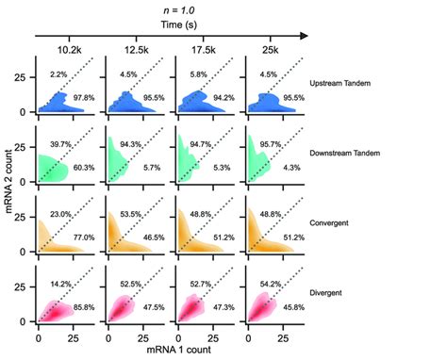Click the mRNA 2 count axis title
tap(10, 188)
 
